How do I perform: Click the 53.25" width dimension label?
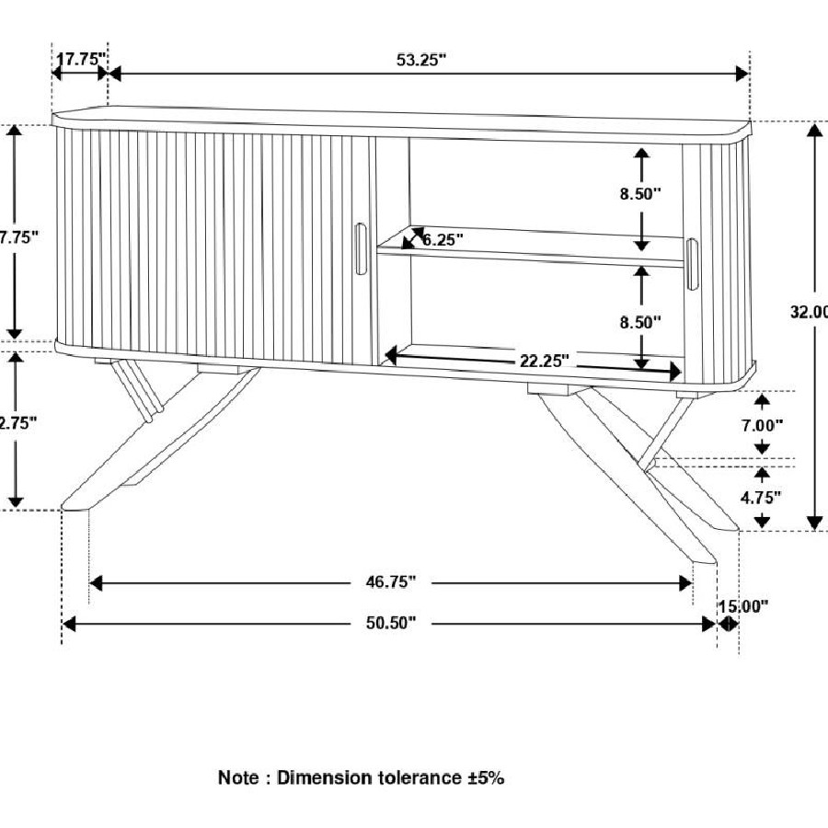tap(421, 60)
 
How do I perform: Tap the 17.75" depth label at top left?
tap(81, 60)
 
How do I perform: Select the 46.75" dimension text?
tap(385, 581)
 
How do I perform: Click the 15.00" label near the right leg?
tap(742, 605)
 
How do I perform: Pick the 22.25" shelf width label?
tap(545, 360)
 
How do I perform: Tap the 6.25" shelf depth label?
tap(443, 239)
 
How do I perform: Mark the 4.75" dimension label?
tap(761, 497)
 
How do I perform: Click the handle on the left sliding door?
tap(359, 248)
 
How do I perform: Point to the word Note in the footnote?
tap(237, 777)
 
